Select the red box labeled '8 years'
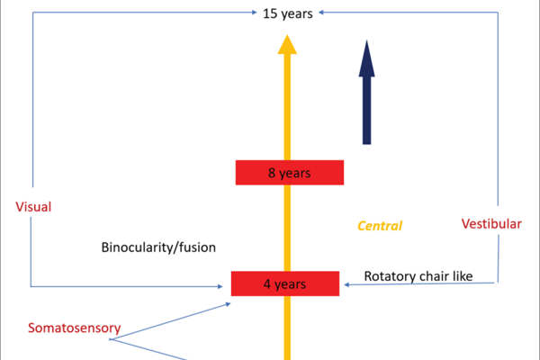289,173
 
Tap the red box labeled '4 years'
284,283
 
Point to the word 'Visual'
33,207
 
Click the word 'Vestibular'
491,223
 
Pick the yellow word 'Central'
379,226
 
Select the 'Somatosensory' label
74,328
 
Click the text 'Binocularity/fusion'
158,246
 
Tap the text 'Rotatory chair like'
418,275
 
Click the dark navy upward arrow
366,94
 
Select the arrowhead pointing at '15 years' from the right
320,13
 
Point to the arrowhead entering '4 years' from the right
346,283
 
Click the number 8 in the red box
272,173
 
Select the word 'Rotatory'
388,275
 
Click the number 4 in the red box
266,284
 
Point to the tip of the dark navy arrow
366,41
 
